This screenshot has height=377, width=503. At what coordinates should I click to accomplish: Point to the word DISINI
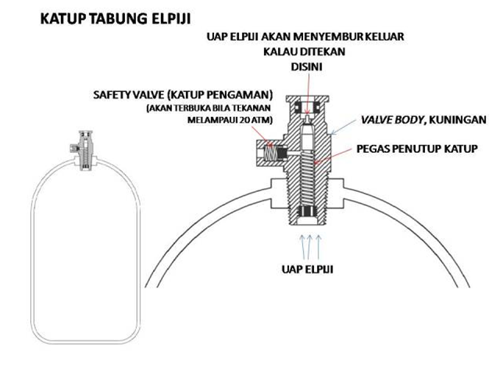point(308,67)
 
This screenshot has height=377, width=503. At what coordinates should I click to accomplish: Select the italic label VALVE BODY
point(388,119)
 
